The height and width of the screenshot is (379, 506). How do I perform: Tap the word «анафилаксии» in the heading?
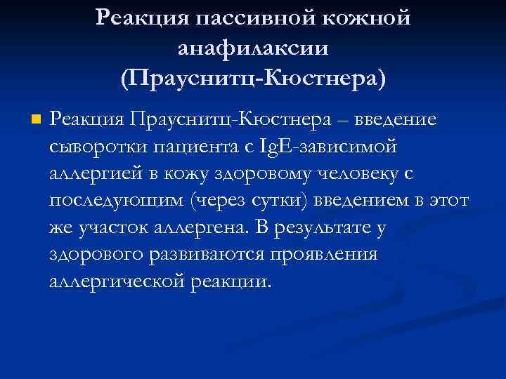click(x=253, y=48)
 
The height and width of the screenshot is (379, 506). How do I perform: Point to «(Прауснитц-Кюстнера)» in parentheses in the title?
click(x=253, y=77)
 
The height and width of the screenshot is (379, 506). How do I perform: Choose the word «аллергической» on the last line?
click(x=118, y=282)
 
